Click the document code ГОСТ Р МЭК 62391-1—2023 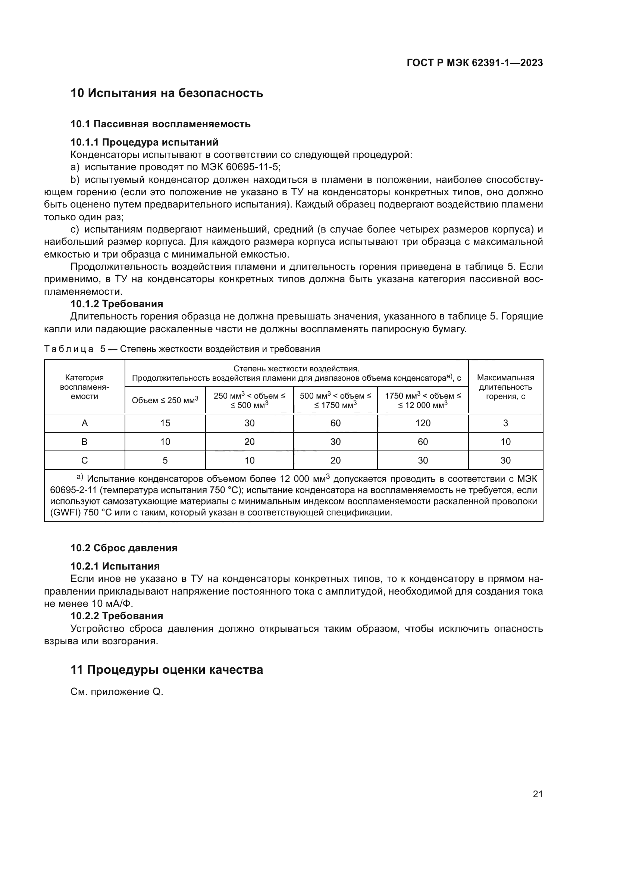pos(475,63)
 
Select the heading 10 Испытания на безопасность pos(167,93)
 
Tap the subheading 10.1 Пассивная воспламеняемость pos(160,124)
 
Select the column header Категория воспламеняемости pos(84,387)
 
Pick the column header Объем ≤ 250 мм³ pos(165,400)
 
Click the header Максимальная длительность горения pos(505,387)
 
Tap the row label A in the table pos(84,423)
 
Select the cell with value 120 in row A pos(423,423)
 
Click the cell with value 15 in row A pos(165,423)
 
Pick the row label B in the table pos(84,442)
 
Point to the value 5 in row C pos(165,461)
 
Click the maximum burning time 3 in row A pos(505,423)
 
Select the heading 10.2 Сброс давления pos(124,548)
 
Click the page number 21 pos(538,794)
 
